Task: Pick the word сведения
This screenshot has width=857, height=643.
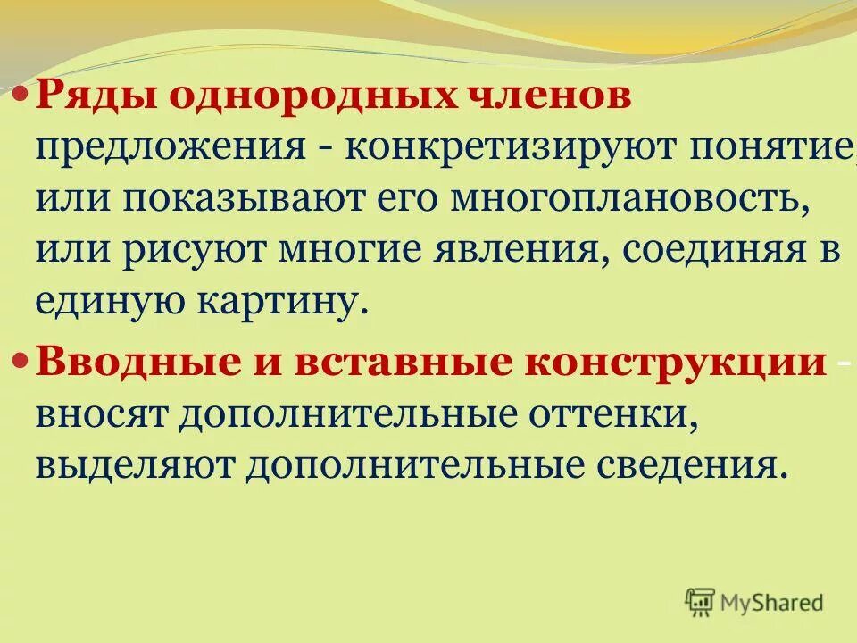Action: (677, 465)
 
